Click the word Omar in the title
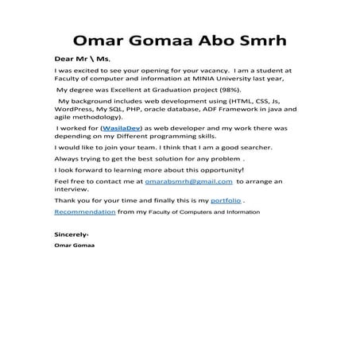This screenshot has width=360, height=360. pyautogui.click(x=98, y=41)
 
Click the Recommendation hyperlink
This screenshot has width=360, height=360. pyautogui.click(x=84, y=213)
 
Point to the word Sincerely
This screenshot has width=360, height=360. pyautogui.click(x=72, y=236)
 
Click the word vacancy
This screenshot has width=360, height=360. pyautogui.click(x=199, y=71)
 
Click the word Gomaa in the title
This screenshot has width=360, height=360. pyautogui.click(x=160, y=41)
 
